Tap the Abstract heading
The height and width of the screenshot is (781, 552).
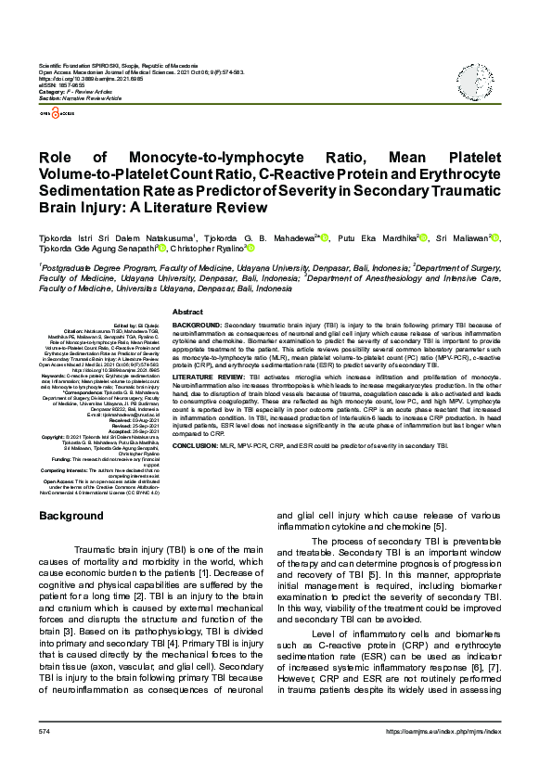pos(188,314)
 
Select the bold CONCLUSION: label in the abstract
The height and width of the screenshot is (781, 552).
pos(195,445)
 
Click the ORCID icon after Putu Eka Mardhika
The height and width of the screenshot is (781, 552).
pos(423,238)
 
